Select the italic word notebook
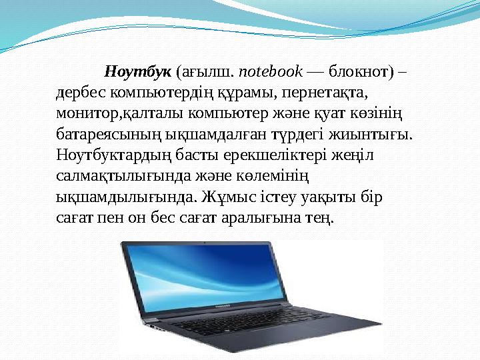pyautogui.click(x=270, y=71)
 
